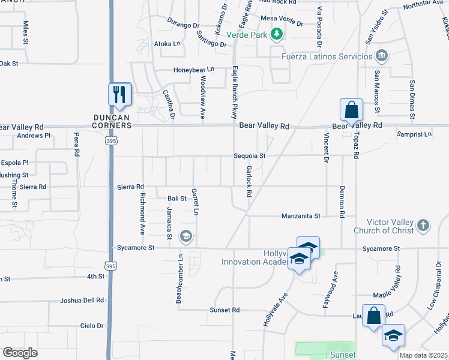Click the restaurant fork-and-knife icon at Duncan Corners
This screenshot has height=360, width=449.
tap(119, 95)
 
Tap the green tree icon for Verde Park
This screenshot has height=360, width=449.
tap(277, 35)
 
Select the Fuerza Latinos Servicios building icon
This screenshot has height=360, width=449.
tap(382, 56)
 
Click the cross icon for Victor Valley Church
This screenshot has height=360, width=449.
tap(423, 226)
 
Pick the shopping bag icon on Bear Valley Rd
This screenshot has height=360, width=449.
tap(351, 110)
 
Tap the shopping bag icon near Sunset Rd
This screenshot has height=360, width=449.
tap(373, 315)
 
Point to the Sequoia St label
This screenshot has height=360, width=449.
tap(250, 156)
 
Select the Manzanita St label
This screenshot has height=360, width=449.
tap(301, 215)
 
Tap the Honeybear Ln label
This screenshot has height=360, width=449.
tap(194, 70)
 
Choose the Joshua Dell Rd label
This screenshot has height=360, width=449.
tap(82, 300)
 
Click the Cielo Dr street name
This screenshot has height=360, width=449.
tap(92, 326)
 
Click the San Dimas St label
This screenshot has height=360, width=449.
tap(412, 95)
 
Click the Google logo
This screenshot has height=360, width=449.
tap(20, 353)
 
